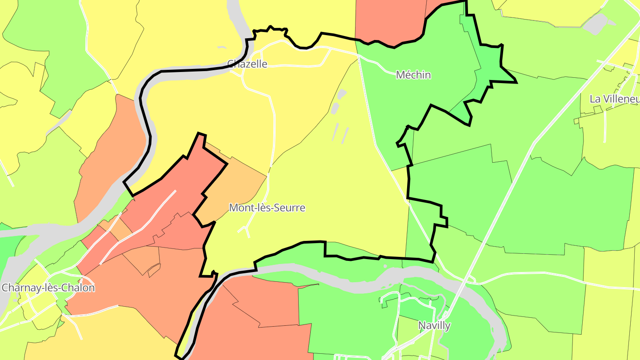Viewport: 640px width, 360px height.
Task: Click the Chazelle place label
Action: (x=247, y=64)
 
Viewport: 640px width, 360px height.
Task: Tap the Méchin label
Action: (x=413, y=75)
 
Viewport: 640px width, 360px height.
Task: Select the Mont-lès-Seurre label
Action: (x=267, y=208)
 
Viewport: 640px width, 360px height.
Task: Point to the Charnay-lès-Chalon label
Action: (x=48, y=288)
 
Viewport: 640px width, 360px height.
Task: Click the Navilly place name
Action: (x=434, y=326)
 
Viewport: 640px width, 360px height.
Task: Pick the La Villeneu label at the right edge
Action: (x=614, y=99)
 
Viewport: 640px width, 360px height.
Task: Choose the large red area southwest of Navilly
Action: (x=258, y=320)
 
